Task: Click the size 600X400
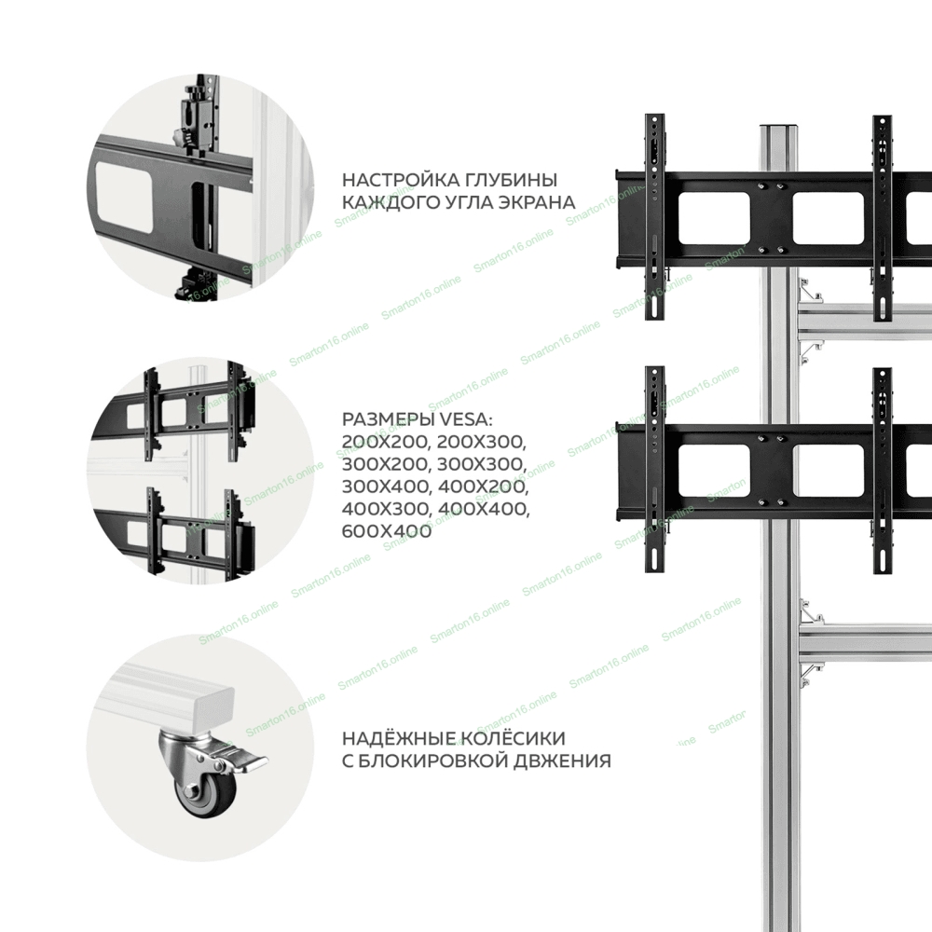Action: [387, 531]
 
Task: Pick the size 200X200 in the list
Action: [387, 442]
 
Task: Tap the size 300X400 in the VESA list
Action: [386, 487]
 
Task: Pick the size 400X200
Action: [483, 487]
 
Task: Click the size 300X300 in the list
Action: [483, 463]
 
